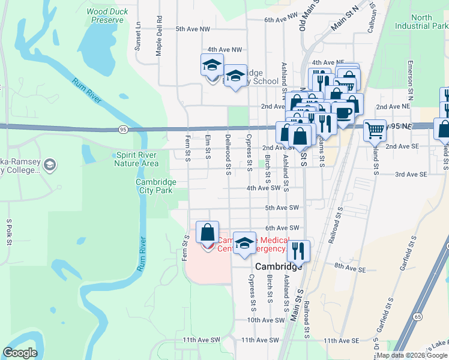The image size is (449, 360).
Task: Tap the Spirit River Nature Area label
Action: point(137,159)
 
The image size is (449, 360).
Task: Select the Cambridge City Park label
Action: point(155,186)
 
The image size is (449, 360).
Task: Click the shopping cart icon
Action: point(375,129)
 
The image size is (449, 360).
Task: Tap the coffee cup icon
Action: point(343,112)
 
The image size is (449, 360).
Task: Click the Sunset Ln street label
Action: point(138,35)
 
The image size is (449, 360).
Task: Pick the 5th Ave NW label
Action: point(193,28)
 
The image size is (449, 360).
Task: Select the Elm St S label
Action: point(208,148)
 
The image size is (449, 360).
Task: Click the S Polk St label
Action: point(10,233)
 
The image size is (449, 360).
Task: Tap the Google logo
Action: point(20,353)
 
